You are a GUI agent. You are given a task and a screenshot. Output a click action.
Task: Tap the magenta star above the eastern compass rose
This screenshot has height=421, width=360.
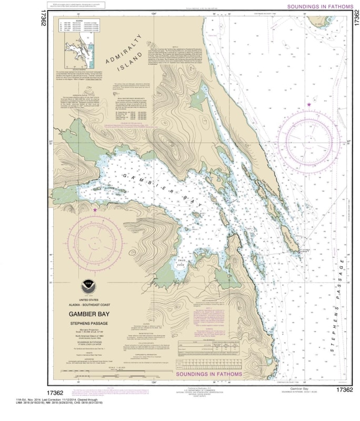(309, 105)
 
